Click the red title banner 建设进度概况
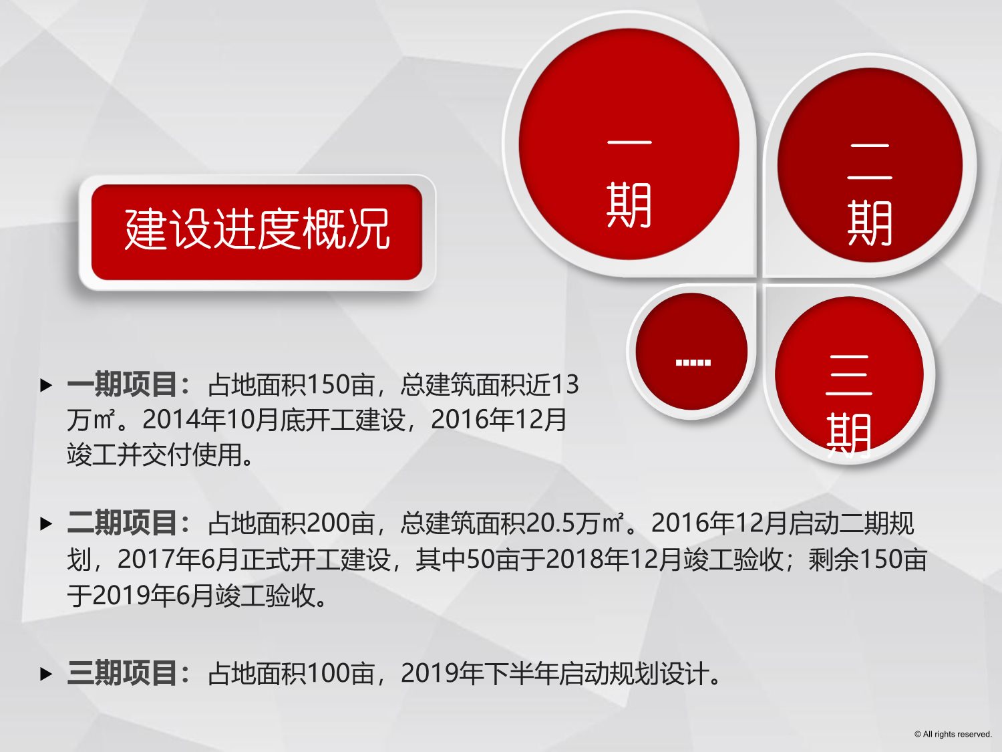tap(257, 232)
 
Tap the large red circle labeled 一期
tap(629, 144)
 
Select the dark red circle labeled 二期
tap(870, 165)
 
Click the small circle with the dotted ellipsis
tap(691, 351)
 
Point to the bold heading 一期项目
tap(122, 384)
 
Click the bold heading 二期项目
tap(122, 523)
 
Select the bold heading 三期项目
tap(122, 673)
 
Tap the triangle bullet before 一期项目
tap(46, 386)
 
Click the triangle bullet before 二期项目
tap(46, 523)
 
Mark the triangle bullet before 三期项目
tap(46, 674)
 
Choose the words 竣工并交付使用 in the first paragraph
tap(154, 455)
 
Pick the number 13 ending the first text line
tap(565, 385)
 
